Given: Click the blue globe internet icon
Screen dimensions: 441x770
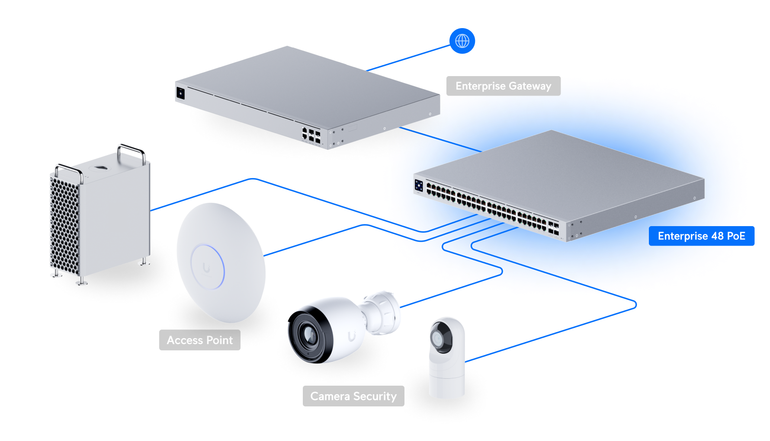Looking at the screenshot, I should point(462,41).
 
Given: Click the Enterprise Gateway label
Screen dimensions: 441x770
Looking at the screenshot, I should point(503,86).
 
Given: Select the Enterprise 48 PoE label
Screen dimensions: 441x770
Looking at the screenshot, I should point(701,236).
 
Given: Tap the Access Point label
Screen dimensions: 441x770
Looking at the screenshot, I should point(199,340).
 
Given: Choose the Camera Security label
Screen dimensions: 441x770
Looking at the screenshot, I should point(353,396).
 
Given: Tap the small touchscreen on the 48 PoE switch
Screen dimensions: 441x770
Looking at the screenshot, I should point(418,185).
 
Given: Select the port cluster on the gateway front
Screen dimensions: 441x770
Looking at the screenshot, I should point(311,135).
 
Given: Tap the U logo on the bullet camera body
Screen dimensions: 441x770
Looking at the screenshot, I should point(352,336).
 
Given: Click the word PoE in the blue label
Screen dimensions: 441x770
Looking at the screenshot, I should point(736,236).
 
